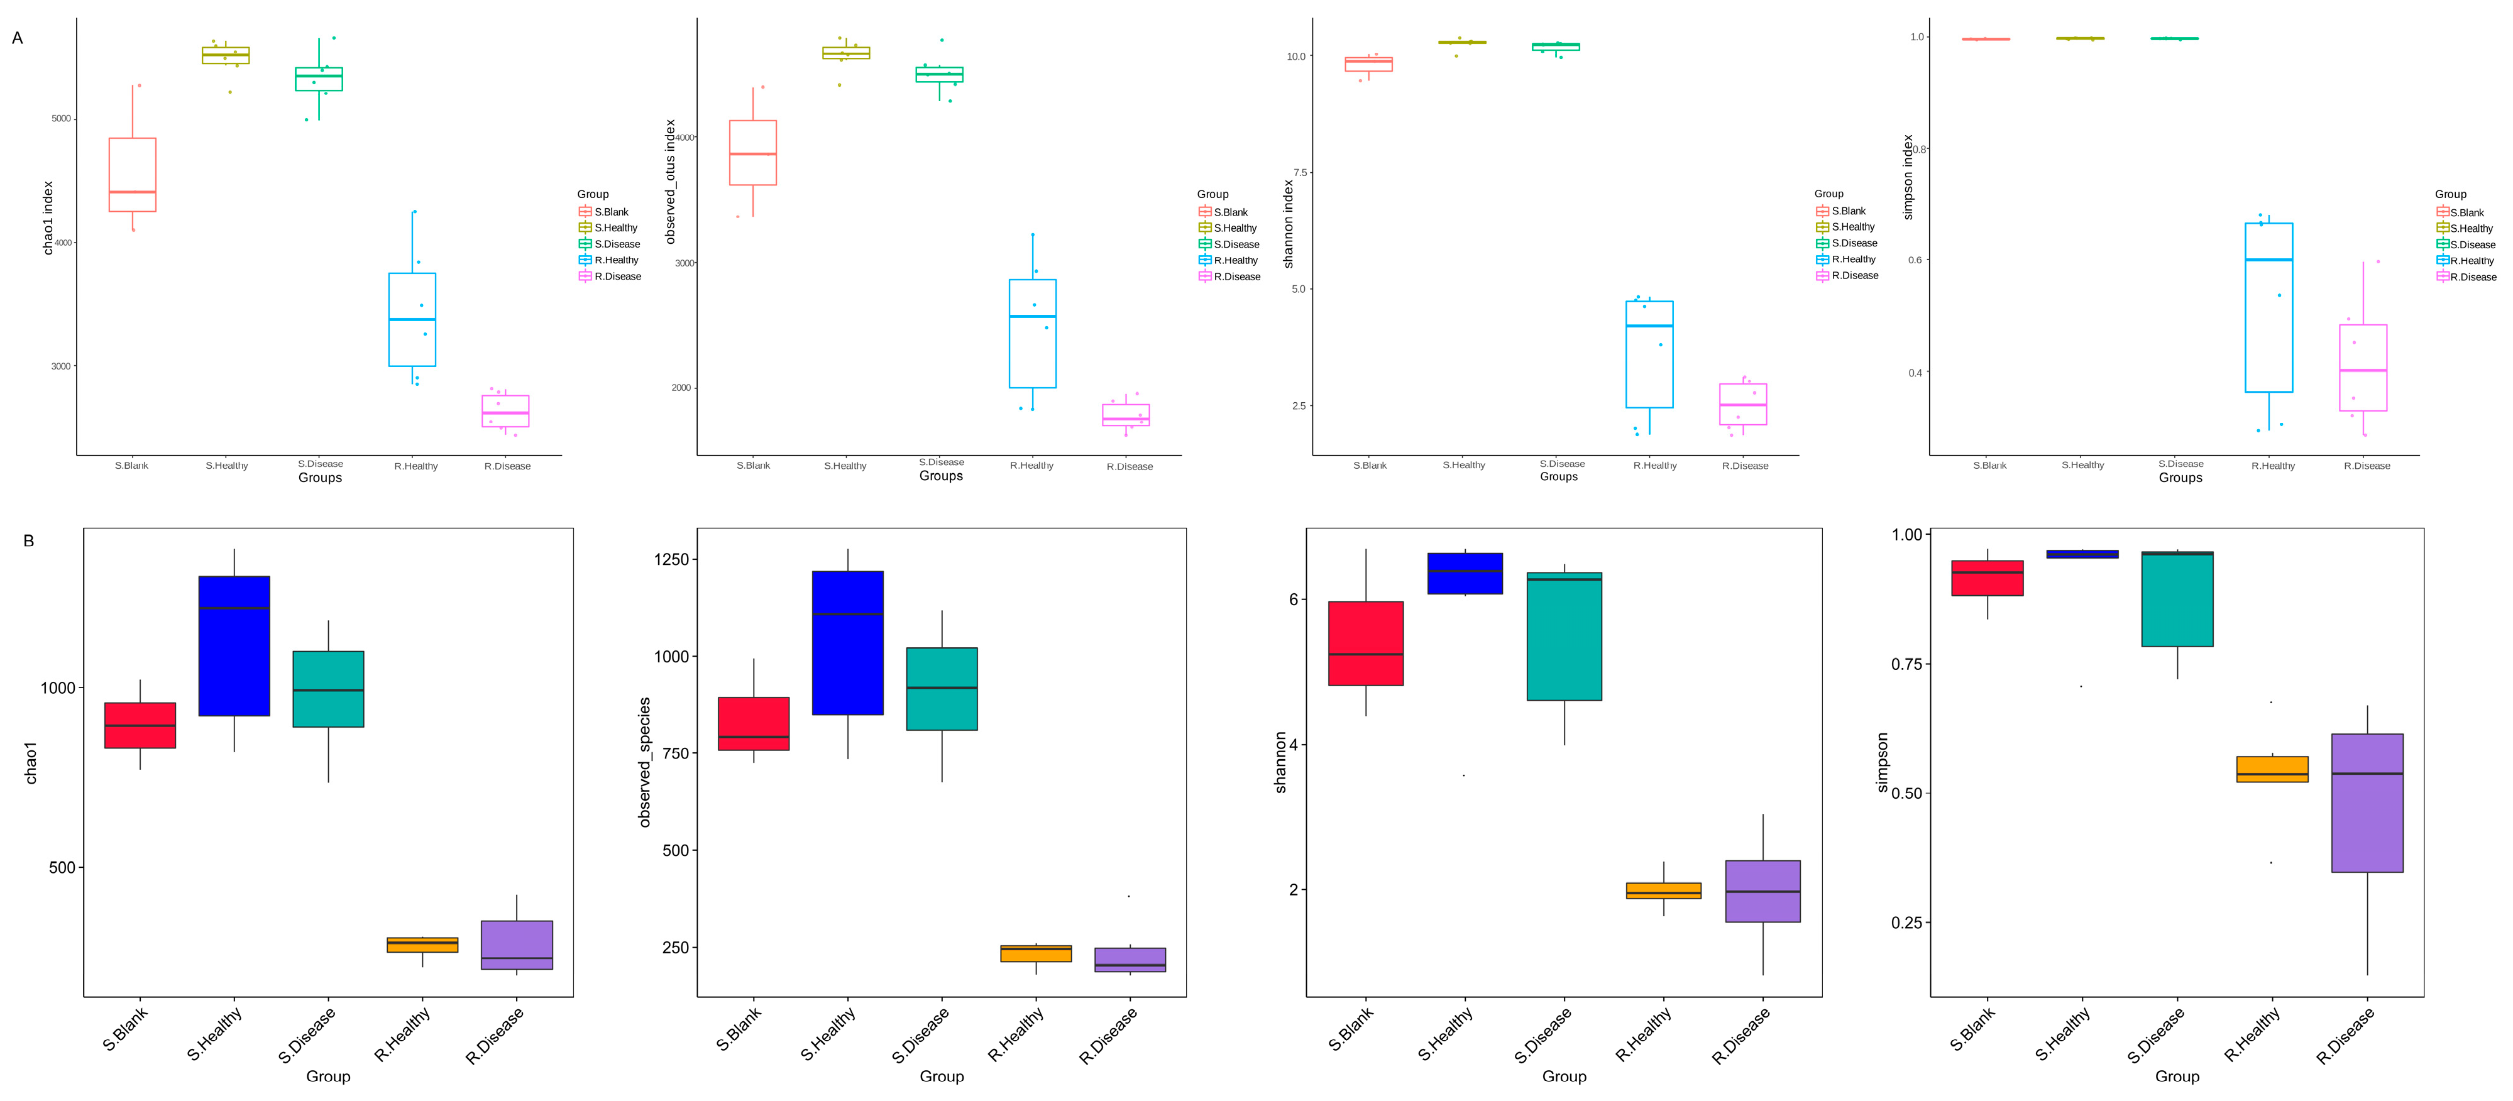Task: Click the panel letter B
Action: pyautogui.click(x=28, y=540)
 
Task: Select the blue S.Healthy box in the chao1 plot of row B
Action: pyautogui.click(x=234, y=645)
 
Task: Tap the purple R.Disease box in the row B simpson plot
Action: pyautogui.click(x=2367, y=802)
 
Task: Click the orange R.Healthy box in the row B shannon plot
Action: pyautogui.click(x=1663, y=890)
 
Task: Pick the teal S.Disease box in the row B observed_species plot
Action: pyautogui.click(x=942, y=689)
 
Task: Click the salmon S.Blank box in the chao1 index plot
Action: pyautogui.click(x=133, y=175)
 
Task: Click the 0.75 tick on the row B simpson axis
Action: pyautogui.click(x=1906, y=664)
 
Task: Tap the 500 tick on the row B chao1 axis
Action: pyautogui.click(x=62, y=868)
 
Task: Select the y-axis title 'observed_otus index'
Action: pyautogui.click(x=670, y=182)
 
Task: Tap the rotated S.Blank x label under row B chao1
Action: pyautogui.click(x=125, y=1029)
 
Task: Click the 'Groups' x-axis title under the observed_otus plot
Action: pyautogui.click(x=940, y=476)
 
